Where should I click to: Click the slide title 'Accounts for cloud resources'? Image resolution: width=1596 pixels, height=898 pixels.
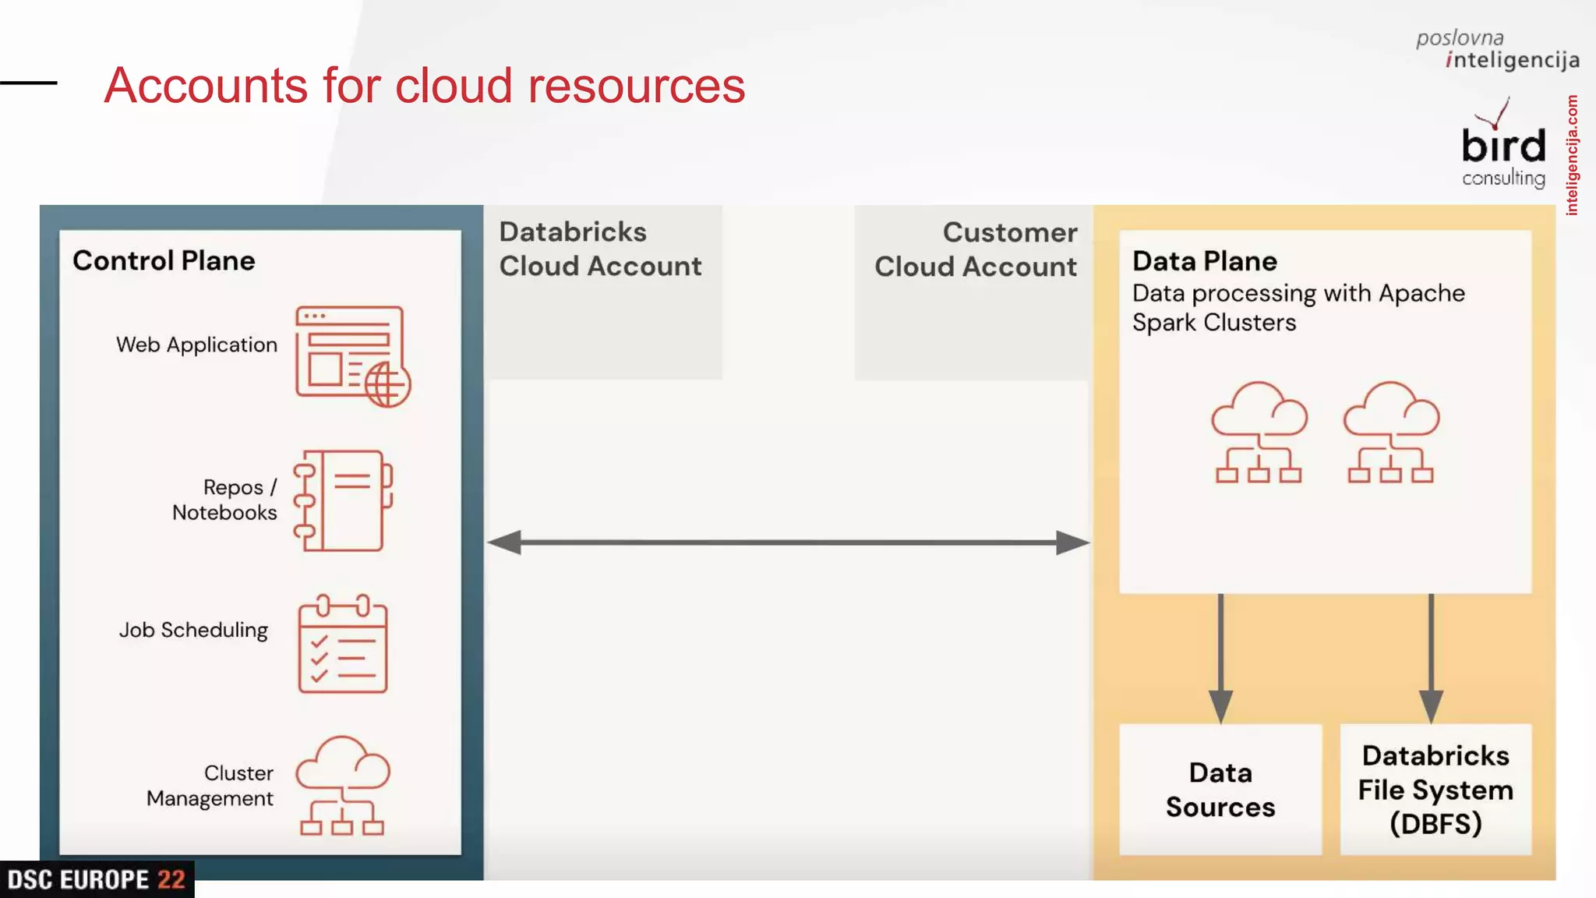click(x=425, y=85)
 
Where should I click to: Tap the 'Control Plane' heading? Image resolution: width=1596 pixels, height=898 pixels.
click(x=164, y=260)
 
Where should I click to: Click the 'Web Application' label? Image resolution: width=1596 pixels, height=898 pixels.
click(x=196, y=345)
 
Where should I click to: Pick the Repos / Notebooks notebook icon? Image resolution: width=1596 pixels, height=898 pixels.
click(x=343, y=500)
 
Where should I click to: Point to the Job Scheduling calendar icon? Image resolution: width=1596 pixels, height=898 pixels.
click(x=343, y=644)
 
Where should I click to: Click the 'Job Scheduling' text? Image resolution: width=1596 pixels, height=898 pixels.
click(x=193, y=630)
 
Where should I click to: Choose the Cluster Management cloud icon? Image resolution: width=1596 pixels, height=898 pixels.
click(x=343, y=785)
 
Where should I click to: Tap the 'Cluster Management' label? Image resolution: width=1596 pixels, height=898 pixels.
click(x=210, y=786)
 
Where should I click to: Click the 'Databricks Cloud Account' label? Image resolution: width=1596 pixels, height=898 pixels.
click(x=600, y=249)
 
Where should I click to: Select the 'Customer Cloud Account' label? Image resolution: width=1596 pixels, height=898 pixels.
click(x=976, y=249)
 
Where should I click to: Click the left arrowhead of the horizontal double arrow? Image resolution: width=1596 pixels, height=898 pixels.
click(x=505, y=543)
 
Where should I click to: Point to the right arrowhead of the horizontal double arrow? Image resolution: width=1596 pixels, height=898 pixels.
click(x=1072, y=543)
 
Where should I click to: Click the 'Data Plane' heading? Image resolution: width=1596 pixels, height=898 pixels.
click(x=1205, y=261)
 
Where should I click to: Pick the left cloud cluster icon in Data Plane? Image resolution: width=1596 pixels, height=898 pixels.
click(x=1259, y=432)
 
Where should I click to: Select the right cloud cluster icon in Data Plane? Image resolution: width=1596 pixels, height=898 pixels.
click(x=1391, y=432)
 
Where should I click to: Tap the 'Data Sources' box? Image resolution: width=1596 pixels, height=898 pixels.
click(x=1220, y=790)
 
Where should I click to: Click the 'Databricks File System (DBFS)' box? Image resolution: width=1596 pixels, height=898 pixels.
click(x=1435, y=790)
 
